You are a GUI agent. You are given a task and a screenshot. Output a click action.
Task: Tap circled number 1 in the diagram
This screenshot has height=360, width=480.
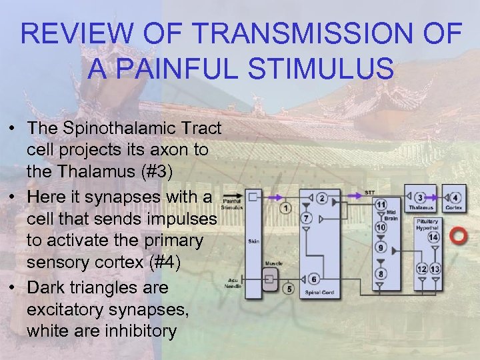point(285,208)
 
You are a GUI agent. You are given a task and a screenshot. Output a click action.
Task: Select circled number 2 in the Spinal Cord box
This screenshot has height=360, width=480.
point(322,198)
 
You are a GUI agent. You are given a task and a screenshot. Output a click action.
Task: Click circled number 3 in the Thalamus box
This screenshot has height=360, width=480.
point(420,198)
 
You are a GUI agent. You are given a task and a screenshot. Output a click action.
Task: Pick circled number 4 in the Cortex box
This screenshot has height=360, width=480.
point(455,198)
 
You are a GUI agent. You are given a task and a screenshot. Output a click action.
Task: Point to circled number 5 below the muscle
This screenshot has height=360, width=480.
point(288,289)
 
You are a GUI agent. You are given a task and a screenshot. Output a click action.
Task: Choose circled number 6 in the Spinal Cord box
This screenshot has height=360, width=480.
point(314,279)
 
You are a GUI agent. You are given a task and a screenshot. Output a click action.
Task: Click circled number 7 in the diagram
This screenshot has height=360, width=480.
point(306,218)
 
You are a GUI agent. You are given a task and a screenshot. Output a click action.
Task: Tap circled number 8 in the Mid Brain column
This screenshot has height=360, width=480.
point(381,273)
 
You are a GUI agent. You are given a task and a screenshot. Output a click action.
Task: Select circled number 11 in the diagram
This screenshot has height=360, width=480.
point(381,203)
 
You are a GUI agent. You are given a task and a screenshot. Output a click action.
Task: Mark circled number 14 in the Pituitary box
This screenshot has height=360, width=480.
point(433,237)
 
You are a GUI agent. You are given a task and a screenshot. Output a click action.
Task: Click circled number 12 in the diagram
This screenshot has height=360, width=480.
point(421,269)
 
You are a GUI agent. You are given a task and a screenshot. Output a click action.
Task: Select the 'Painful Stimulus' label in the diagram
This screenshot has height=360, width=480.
point(231,204)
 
